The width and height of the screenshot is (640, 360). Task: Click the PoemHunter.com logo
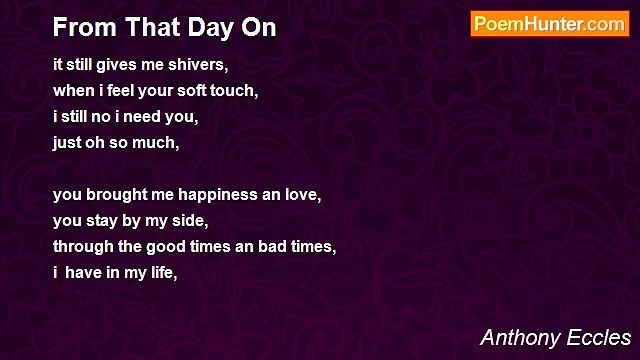549,24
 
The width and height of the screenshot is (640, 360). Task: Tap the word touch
237,91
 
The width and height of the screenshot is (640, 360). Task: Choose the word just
68,143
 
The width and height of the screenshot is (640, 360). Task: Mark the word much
158,143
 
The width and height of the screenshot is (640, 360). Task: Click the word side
192,221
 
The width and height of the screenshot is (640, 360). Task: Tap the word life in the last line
165,273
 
